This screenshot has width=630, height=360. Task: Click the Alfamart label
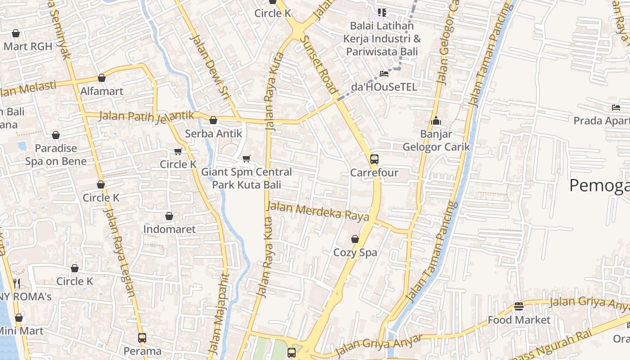(x=102, y=91)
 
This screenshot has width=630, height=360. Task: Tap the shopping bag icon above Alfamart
(x=102, y=78)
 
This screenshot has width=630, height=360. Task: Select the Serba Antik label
(x=214, y=134)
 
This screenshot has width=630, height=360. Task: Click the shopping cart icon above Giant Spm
(x=246, y=158)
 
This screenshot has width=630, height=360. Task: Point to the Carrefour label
(x=374, y=173)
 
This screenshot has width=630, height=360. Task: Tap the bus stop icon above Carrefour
(x=374, y=159)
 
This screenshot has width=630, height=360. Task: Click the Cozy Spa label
(x=355, y=252)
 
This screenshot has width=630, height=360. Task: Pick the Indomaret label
(x=169, y=229)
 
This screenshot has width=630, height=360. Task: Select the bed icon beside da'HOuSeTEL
(x=384, y=73)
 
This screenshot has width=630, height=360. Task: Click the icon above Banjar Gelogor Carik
(x=436, y=121)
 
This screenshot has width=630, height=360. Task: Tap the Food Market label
(x=519, y=320)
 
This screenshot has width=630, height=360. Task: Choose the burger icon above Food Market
(x=519, y=306)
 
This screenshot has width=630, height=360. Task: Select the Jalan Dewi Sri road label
(x=211, y=65)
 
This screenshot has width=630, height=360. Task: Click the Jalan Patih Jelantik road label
(x=147, y=116)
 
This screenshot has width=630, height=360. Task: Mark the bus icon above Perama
(x=142, y=337)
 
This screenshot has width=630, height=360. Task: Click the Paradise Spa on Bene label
(x=56, y=154)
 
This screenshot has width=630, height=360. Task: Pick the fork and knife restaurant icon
(x=17, y=283)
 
